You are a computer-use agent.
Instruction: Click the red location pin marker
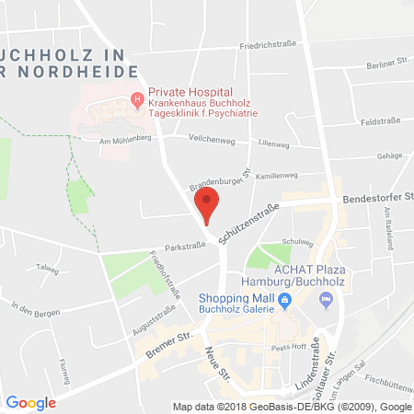click(208, 204)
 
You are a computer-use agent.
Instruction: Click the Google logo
click(30, 402)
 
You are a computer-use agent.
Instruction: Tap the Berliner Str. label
click(386, 63)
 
